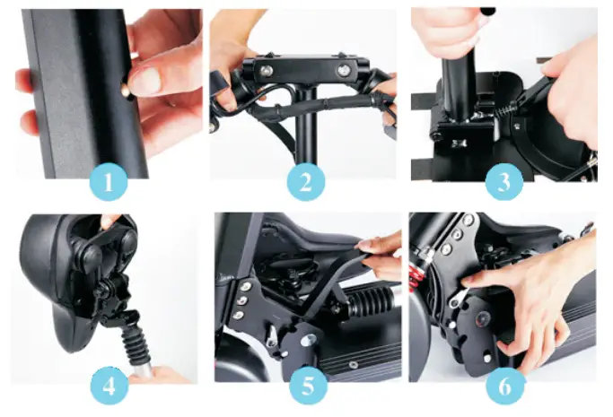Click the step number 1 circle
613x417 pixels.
pyautogui.click(x=108, y=184)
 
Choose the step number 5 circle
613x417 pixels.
pyautogui.click(x=306, y=388)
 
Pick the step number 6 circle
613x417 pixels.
pyautogui.click(x=502, y=388)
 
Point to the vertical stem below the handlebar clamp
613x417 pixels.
pyautogui.click(x=307, y=135)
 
